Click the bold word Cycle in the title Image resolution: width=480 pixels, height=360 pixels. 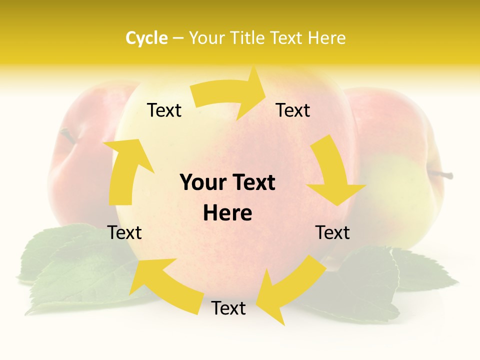click(x=146, y=38)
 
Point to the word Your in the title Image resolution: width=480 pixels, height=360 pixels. click(x=207, y=38)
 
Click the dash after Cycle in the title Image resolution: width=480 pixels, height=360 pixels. click(x=178, y=38)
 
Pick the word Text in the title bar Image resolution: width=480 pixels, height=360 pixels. click(x=287, y=38)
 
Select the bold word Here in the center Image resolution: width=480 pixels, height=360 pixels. click(x=227, y=213)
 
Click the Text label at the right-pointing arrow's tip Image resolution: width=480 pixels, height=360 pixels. click(x=293, y=110)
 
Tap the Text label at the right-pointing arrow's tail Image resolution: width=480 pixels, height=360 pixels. click(x=164, y=110)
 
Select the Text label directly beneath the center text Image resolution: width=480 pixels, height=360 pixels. click(x=228, y=308)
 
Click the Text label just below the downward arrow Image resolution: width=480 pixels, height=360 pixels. click(x=332, y=232)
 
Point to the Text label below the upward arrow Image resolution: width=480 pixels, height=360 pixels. click(x=125, y=232)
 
